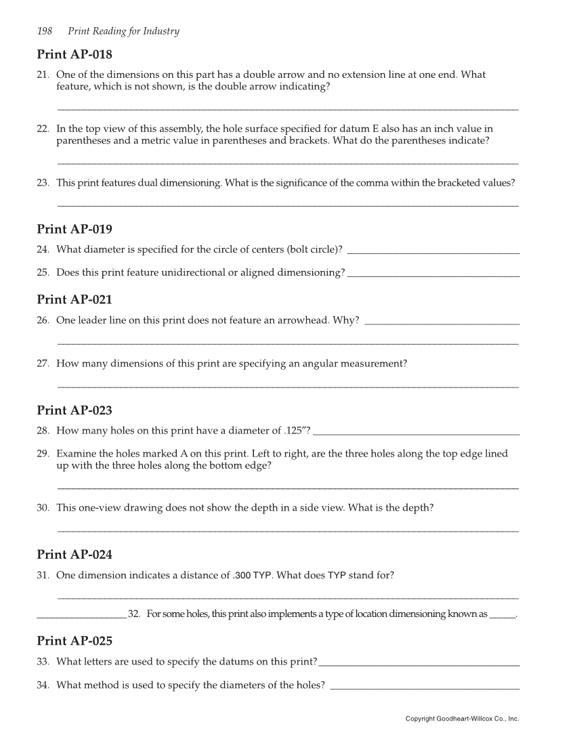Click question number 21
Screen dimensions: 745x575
coord(43,74)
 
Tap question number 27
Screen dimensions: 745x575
coord(43,364)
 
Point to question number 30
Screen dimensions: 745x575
coord(43,508)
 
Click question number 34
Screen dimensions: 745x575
coord(43,685)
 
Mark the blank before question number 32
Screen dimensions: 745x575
coord(81,617)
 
